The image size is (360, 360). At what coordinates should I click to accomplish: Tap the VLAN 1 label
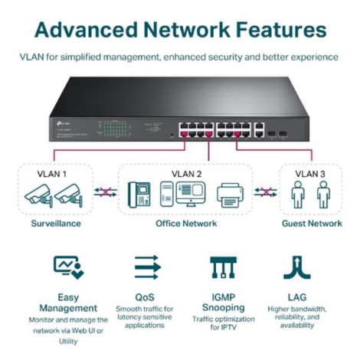pyautogui.click(x=51, y=174)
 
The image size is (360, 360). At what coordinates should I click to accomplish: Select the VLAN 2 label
pyautogui.click(x=186, y=174)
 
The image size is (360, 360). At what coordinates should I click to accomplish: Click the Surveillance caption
pyautogui.click(x=52, y=224)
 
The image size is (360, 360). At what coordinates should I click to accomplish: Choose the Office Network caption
pyautogui.click(x=186, y=224)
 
